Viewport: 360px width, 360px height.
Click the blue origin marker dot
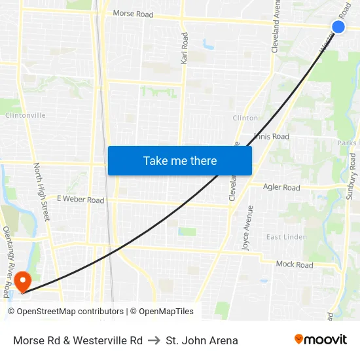338,26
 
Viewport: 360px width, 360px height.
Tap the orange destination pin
22,281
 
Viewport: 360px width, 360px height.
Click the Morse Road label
134,13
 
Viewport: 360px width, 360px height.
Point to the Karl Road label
184,48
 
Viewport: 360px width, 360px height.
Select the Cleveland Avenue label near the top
276,27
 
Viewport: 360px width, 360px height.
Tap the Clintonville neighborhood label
26,115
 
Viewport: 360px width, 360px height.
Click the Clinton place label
245,118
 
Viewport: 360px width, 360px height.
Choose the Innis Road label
272,137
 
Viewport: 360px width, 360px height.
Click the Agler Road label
281,188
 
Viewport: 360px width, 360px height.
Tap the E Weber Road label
81,199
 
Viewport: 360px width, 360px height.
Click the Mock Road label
295,264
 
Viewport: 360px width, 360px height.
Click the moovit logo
321,340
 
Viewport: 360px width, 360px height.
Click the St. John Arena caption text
202,340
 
